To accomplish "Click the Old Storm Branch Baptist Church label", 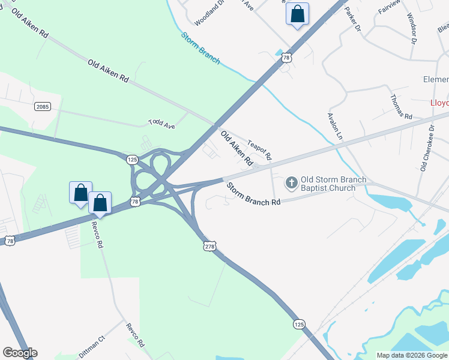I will coord(328,184).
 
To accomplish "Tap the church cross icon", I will coord(291,182).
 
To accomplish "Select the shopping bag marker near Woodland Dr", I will coord(297,14).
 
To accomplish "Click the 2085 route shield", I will coord(43,106).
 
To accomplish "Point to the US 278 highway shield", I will coord(209,246).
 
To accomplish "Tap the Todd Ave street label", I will coord(161,124).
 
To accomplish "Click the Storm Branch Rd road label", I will coord(253,194).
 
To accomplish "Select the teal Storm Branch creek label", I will coord(200,48).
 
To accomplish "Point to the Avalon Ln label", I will coord(334,126).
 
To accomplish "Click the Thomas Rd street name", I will coord(401,107).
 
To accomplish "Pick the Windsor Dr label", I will coord(411,28).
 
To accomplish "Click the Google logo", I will coord(20,353).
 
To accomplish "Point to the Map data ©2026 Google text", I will coord(411,355).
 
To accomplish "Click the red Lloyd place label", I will coord(439,103).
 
